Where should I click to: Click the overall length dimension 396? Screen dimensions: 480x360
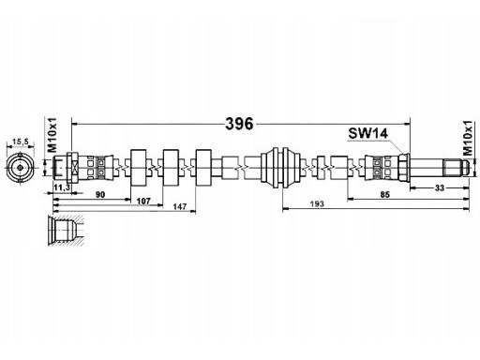coord(239,124)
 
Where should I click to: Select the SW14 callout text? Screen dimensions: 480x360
coord(368,133)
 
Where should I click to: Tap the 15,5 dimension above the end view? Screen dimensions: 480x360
coord(20,142)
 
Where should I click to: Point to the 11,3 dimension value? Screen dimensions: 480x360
coord(62,187)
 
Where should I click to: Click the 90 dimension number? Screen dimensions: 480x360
coord(100,195)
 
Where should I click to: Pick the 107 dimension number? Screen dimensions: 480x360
coord(143,201)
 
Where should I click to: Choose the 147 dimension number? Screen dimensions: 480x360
coord(180,206)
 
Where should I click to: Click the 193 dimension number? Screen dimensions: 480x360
coord(317,204)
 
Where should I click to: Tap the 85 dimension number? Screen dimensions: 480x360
coord(385,194)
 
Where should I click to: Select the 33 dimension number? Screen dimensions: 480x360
coord(440,187)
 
